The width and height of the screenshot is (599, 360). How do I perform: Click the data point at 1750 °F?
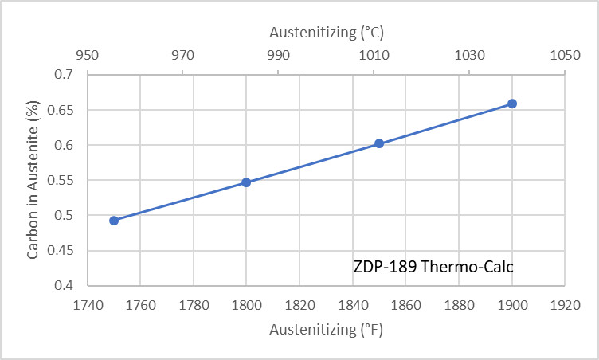tap(114, 221)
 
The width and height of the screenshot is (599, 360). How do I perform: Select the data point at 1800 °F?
tap(246, 182)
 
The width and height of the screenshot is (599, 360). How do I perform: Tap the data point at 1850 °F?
tap(379, 143)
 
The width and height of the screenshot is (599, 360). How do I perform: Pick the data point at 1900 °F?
tap(512, 104)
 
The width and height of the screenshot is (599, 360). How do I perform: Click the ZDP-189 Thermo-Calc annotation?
tap(433, 267)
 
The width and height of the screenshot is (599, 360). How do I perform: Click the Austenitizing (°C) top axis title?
tap(327, 33)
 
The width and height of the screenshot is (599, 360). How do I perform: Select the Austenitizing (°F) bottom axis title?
tap(327, 329)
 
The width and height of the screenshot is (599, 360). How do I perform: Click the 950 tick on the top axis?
tap(88, 56)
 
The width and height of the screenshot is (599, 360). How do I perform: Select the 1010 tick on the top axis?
tap(374, 56)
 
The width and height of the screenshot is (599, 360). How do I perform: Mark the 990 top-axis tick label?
tap(278, 56)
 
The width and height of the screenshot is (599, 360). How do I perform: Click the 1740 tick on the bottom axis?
tap(88, 304)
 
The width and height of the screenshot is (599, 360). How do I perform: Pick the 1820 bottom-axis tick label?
tap(299, 304)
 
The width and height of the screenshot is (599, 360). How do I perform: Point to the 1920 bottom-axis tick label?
tap(564, 304)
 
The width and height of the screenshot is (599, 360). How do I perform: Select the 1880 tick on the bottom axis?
tap(458, 304)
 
